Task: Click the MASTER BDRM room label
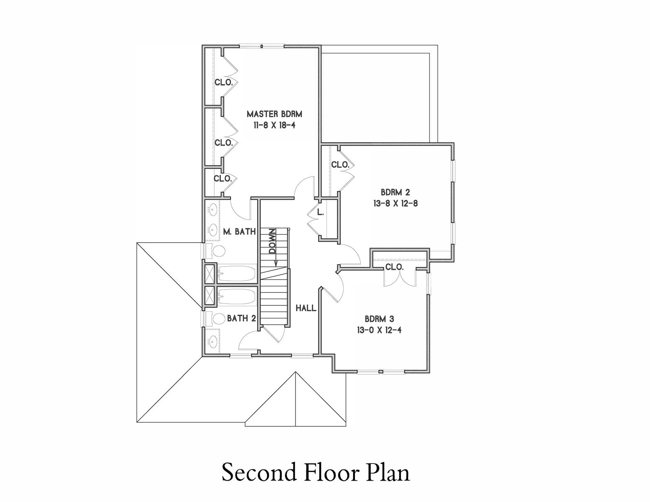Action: (x=274, y=114)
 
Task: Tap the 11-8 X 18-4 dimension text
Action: (x=274, y=125)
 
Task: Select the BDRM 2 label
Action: (x=395, y=192)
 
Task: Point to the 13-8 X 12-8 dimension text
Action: (x=395, y=204)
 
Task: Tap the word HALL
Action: (x=306, y=308)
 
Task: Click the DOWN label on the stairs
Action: (x=272, y=241)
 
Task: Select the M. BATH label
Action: (x=239, y=231)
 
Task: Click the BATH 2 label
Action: (x=241, y=318)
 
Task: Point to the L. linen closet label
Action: (x=320, y=213)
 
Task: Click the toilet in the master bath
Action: (x=218, y=251)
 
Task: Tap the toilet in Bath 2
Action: (x=218, y=319)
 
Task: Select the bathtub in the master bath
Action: (x=236, y=273)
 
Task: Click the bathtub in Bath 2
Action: (x=236, y=296)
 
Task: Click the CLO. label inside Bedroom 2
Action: (x=340, y=165)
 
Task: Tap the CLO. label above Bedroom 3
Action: (x=394, y=267)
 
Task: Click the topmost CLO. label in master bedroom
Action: (x=224, y=82)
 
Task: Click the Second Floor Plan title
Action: (x=316, y=473)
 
